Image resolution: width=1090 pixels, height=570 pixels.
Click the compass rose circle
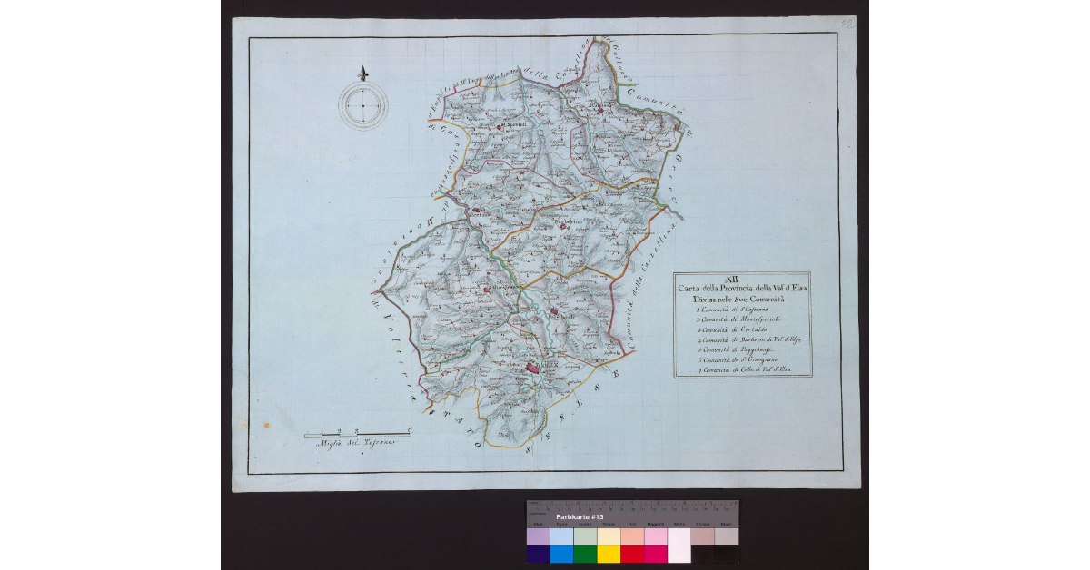coord(362,106)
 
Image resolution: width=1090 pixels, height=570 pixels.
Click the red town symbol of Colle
coord(533,367)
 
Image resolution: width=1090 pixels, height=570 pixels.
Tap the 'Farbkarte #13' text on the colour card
coord(580,516)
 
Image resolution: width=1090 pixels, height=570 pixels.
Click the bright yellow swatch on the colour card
coord(608,554)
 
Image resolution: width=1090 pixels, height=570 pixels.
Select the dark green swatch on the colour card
coord(585,554)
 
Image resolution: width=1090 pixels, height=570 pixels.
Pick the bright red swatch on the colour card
coord(631,554)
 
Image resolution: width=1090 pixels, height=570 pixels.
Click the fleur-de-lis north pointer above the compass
coord(362,73)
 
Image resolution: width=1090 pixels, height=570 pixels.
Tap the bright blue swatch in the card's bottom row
coord(561,554)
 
